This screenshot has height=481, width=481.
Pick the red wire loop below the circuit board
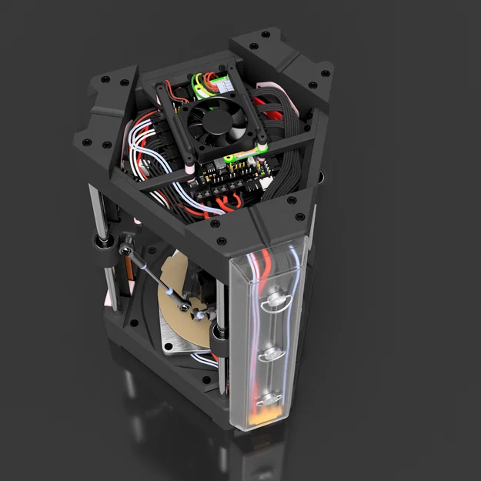click(x=231, y=203)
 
